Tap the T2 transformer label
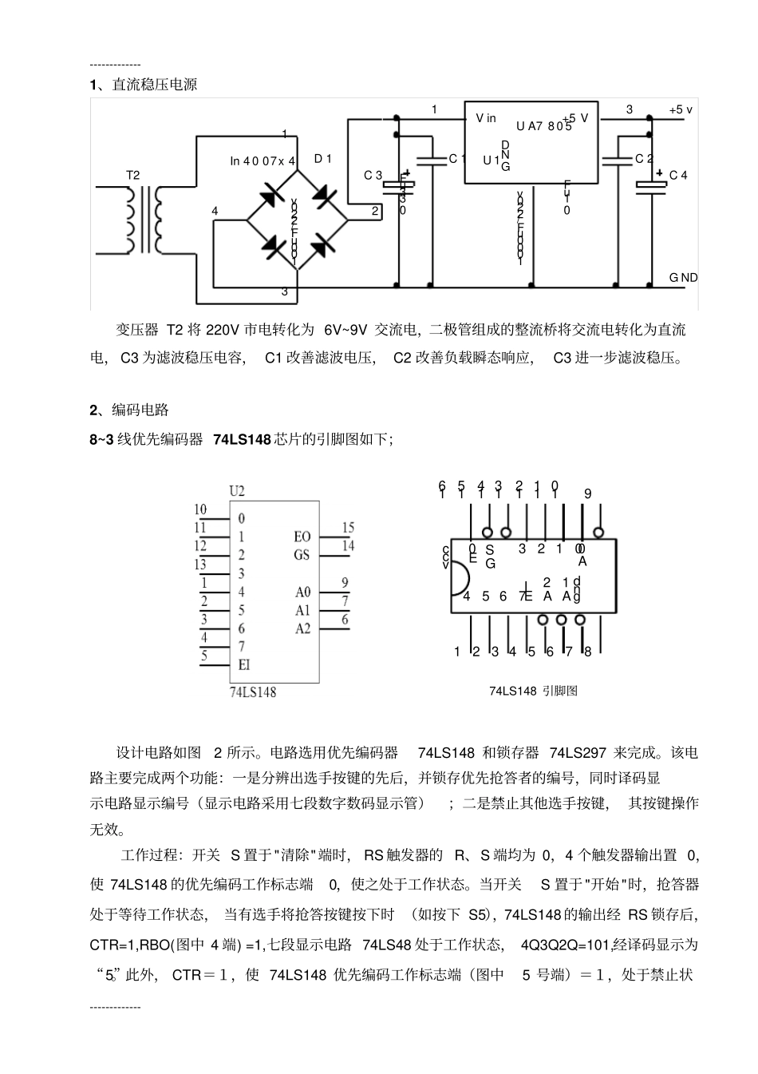[x=132, y=175]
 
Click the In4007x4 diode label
[x=263, y=161]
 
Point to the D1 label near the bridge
[x=323, y=159]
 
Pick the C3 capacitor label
[x=373, y=176]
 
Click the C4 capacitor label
[x=678, y=176]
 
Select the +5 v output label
[x=681, y=110]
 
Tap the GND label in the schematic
[x=683, y=277]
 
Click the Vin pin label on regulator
[x=486, y=118]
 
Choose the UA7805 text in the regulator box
[x=543, y=126]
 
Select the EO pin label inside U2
[x=302, y=537]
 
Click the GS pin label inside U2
[x=302, y=554]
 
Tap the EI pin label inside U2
[x=244, y=664]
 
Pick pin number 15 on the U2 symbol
[x=348, y=528]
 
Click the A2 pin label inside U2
[x=302, y=628]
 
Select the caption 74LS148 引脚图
[x=533, y=691]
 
